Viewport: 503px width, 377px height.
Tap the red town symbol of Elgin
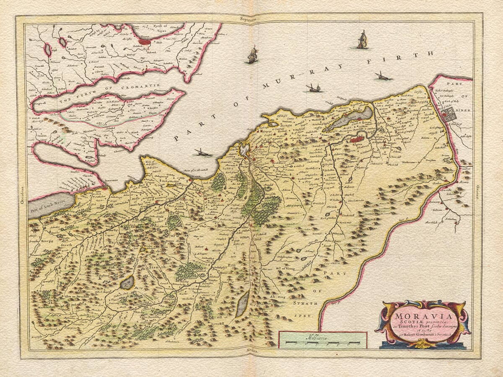(357, 139)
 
